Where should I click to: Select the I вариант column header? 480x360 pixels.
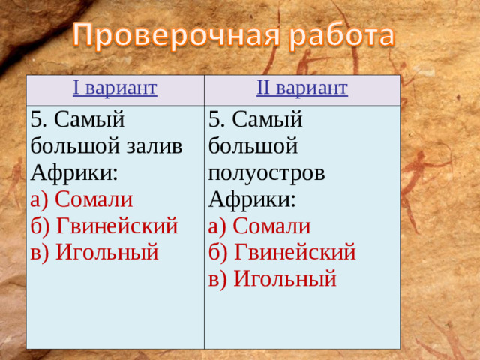[x=115, y=89]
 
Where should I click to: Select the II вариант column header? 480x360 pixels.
[x=301, y=89]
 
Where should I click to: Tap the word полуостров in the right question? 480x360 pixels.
[x=267, y=172]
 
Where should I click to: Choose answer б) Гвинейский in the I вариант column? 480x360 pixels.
[x=104, y=226]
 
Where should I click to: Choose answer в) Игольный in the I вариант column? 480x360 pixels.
[x=94, y=252]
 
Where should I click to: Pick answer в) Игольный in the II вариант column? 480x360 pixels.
[x=272, y=279]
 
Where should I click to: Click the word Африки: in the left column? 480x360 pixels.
[x=74, y=172]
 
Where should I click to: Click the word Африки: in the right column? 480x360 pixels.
[x=253, y=199]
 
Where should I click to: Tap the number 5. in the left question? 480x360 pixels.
[x=39, y=119]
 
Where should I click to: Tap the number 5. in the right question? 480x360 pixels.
[x=217, y=119]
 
